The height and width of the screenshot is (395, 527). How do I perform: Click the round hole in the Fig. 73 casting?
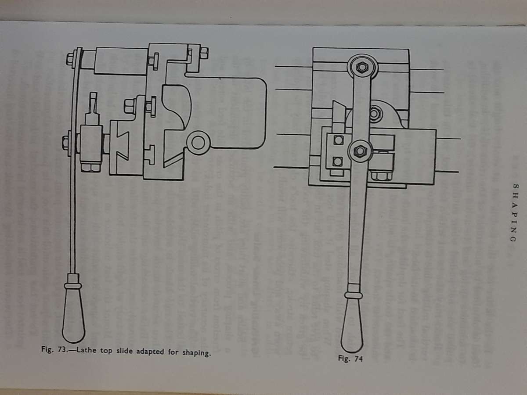coord(199,143)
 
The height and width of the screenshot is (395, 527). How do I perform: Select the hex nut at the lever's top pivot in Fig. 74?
coord(362,67)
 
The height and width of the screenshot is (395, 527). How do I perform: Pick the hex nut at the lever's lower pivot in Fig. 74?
coord(360,151)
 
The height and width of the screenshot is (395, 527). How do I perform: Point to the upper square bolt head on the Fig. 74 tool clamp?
coord(338,140)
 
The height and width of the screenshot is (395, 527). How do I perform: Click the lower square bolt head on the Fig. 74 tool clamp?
coord(338,162)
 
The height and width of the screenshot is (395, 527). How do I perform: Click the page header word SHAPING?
coord(514,212)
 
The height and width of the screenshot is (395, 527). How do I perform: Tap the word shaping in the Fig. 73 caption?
coord(197,353)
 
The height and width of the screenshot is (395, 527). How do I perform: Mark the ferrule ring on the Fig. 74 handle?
coord(353,295)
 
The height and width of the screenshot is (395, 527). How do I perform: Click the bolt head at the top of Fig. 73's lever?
coord(72,59)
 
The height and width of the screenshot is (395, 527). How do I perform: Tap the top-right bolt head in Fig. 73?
coord(204,53)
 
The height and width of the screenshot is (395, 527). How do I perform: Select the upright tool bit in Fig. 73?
coord(94,108)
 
